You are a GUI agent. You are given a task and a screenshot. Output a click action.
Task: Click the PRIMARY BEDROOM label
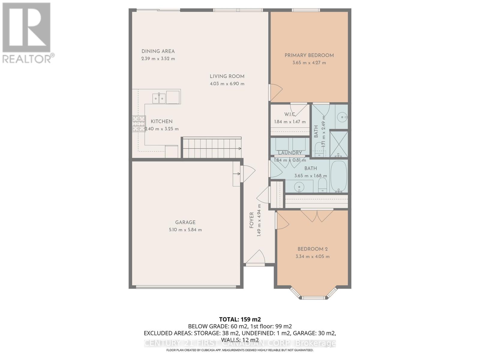[309, 55]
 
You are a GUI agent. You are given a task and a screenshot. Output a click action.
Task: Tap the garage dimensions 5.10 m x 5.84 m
[185, 230]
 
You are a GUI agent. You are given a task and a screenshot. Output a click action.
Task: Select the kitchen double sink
[159, 98]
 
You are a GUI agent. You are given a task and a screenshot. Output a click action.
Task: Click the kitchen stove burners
[139, 124]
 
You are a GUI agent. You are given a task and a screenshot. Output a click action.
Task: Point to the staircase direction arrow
[239, 148]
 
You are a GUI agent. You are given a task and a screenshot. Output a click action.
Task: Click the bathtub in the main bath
[338, 176]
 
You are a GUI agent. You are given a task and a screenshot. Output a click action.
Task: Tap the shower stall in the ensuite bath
[339, 144]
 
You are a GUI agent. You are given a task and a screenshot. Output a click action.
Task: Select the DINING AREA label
[158, 51]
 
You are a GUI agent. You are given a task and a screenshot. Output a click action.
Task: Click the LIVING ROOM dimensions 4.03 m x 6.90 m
[227, 84]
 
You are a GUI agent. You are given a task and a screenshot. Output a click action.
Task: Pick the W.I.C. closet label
[290, 114]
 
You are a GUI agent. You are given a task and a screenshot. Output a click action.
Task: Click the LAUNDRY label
[289, 153]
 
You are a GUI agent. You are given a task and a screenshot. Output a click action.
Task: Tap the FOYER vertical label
[251, 220]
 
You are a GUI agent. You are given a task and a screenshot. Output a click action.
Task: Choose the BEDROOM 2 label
[312, 249]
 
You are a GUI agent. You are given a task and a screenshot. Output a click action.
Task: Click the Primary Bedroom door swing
[276, 92]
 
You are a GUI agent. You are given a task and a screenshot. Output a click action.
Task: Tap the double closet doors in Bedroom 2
[317, 215]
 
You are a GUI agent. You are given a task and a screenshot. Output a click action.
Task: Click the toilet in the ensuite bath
[319, 149]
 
